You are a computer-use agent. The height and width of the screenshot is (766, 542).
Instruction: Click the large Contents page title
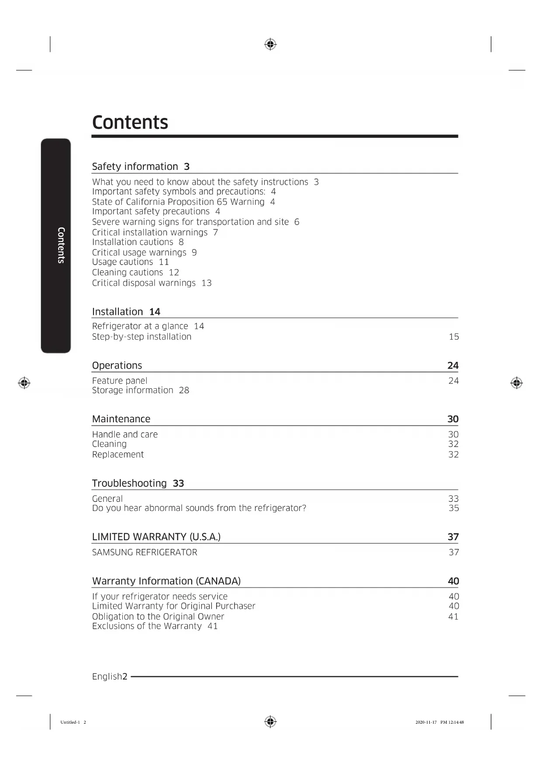point(130,122)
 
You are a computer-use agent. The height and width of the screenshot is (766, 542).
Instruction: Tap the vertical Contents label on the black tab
point(61,245)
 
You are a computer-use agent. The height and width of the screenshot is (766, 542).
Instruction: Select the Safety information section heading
point(135,166)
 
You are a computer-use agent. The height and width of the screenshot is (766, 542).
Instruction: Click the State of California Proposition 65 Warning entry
point(178,202)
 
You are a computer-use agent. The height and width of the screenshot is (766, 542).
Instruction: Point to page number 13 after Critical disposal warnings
point(207,283)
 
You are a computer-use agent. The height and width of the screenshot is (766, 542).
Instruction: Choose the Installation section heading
point(117,312)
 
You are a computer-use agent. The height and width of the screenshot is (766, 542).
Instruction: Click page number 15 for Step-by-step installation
point(454,337)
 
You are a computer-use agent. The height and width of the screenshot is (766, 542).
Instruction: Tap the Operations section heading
point(117,366)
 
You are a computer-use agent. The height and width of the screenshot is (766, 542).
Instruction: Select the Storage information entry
point(133,390)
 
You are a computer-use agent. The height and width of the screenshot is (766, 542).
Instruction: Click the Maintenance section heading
point(121,419)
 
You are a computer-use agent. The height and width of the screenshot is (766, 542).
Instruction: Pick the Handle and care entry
point(125,435)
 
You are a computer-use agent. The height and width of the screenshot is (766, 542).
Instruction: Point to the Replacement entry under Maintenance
point(118,455)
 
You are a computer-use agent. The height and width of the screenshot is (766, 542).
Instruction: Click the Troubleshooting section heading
point(129,483)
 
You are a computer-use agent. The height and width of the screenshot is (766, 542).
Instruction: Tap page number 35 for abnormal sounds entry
point(454,508)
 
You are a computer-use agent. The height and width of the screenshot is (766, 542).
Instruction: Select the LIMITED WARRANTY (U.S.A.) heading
point(156,537)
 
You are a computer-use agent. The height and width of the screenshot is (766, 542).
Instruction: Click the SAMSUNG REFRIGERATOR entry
point(145,552)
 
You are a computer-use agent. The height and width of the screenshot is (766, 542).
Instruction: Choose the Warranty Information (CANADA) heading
point(166,581)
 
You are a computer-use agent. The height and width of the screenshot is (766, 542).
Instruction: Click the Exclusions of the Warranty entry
point(147,626)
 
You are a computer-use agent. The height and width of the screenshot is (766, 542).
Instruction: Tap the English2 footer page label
point(110,676)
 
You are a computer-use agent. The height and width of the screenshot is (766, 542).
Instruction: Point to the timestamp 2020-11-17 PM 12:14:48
point(439,722)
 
